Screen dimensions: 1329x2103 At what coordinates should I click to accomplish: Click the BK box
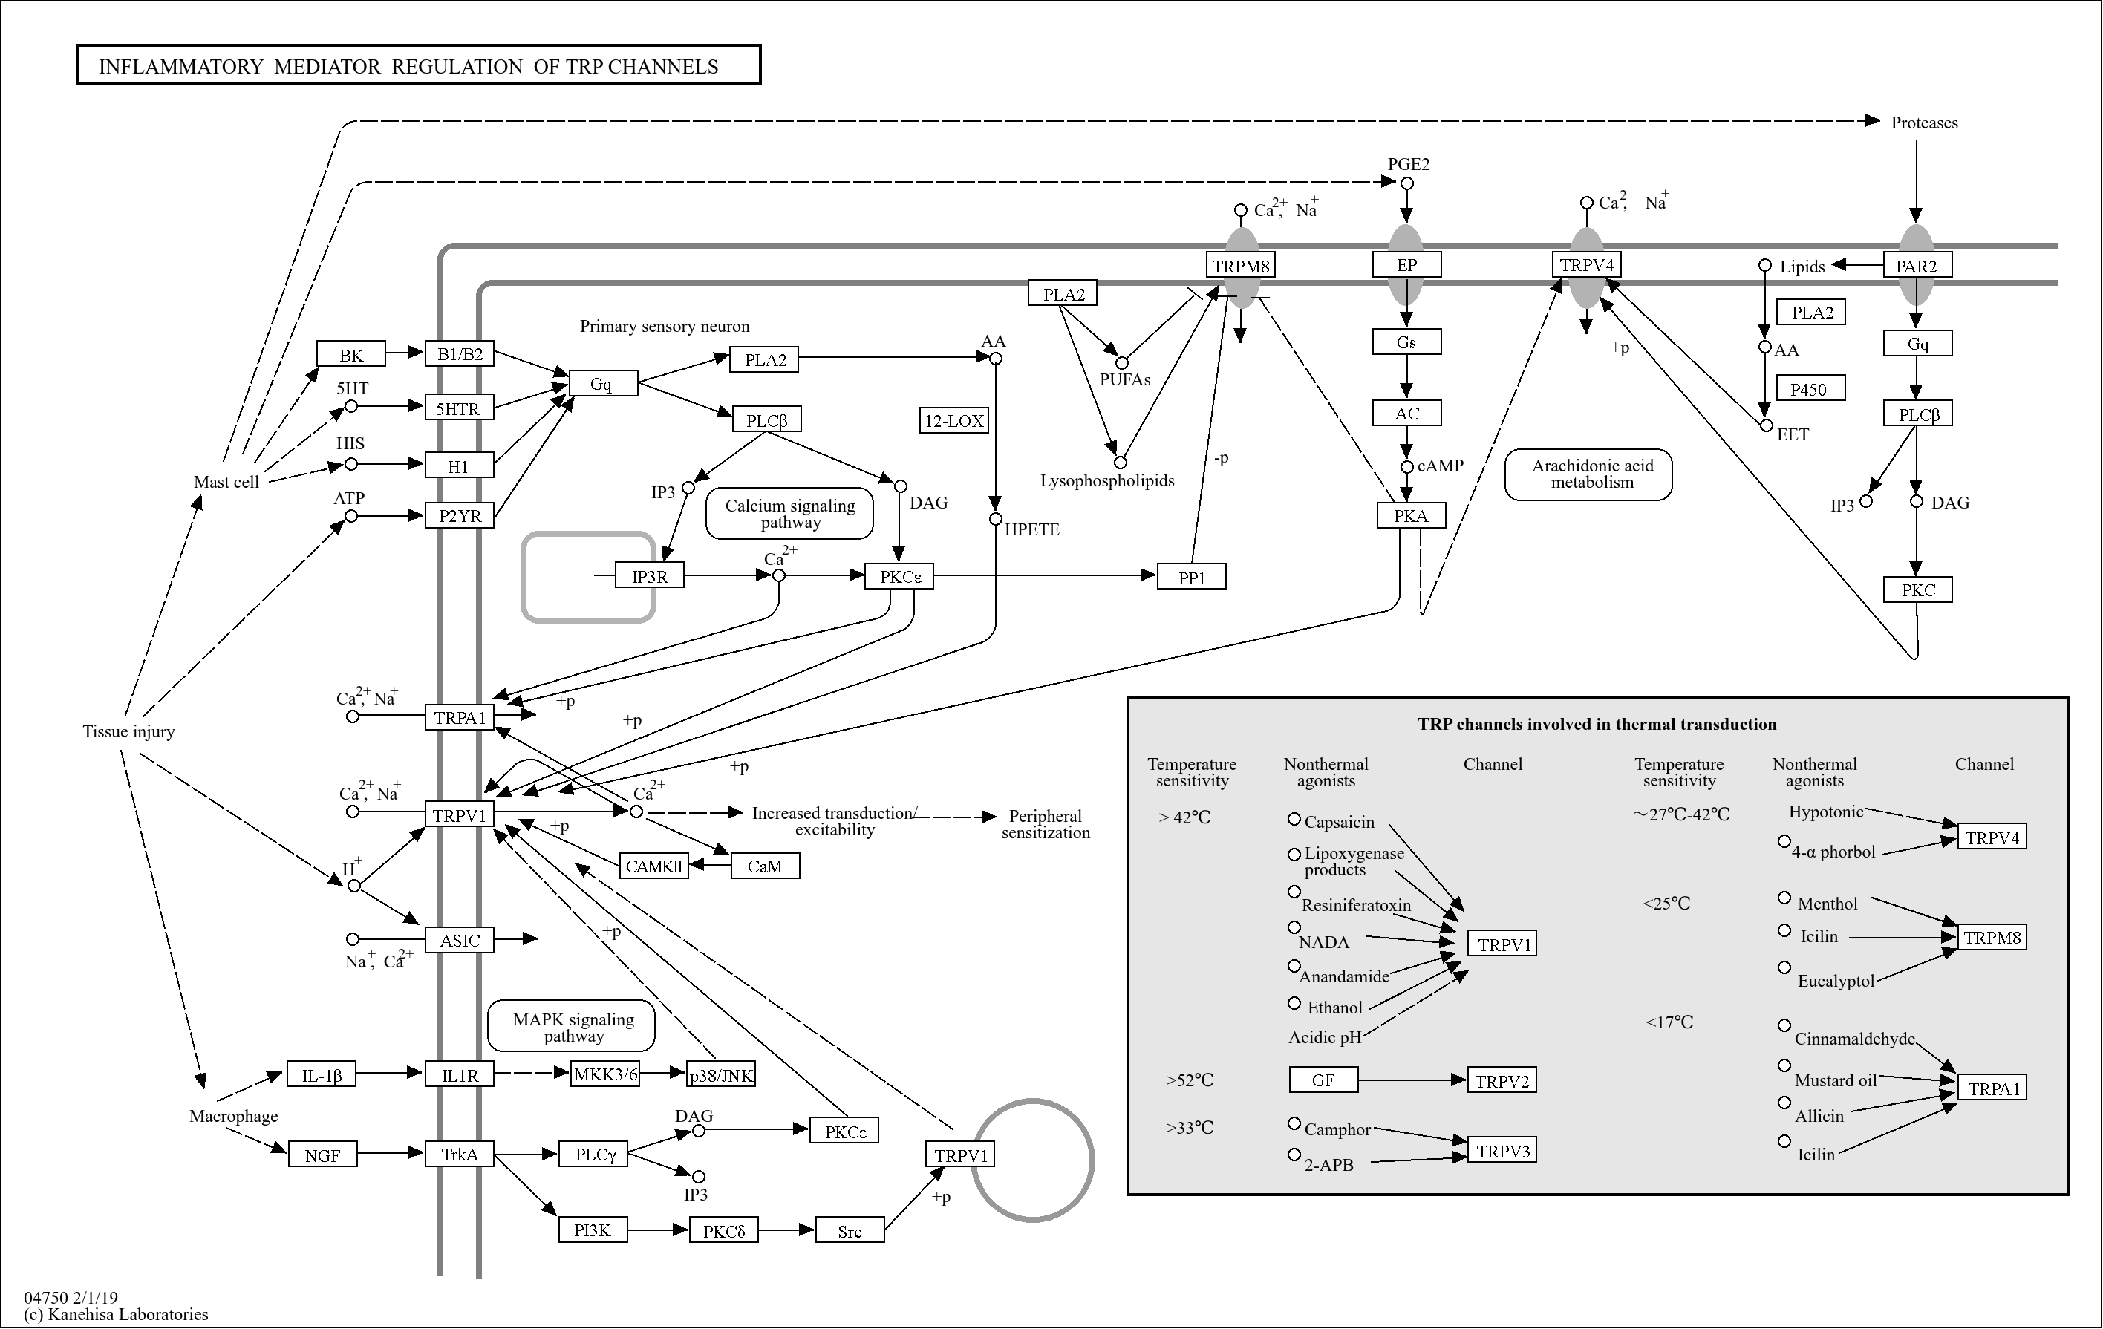[350, 354]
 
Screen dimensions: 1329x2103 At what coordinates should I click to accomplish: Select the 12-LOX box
[953, 420]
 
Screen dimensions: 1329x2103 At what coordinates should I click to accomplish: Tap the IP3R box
[649, 576]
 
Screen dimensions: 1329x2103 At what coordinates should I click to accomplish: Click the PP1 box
[1191, 577]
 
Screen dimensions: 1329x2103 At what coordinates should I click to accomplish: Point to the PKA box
[1410, 515]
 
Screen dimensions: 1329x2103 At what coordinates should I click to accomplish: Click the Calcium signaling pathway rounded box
[789, 514]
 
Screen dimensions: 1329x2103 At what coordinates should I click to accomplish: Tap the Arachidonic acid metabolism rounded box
[1588, 474]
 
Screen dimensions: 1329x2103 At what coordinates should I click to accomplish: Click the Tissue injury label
[128, 732]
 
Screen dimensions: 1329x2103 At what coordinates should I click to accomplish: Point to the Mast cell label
[226, 482]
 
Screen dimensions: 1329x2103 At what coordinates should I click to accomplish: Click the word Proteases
[1924, 123]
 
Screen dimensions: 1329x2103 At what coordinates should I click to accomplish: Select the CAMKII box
[653, 866]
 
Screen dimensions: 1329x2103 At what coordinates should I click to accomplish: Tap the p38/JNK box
[720, 1075]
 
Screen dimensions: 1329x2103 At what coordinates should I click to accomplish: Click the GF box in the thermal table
[1323, 1080]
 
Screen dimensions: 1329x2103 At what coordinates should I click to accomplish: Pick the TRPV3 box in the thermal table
[1502, 1151]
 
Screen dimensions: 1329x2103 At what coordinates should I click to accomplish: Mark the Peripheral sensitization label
[1046, 823]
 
